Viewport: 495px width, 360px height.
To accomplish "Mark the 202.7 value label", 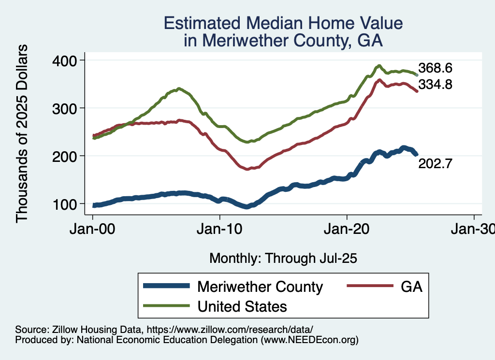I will [x=435, y=164].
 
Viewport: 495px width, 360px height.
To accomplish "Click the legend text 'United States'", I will [x=242, y=306].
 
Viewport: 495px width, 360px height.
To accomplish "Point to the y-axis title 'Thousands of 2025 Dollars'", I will [x=22, y=133].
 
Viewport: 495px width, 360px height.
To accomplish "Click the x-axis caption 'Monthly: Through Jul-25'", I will [x=283, y=259].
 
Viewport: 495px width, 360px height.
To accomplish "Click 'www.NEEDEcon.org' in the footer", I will [x=309, y=340].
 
